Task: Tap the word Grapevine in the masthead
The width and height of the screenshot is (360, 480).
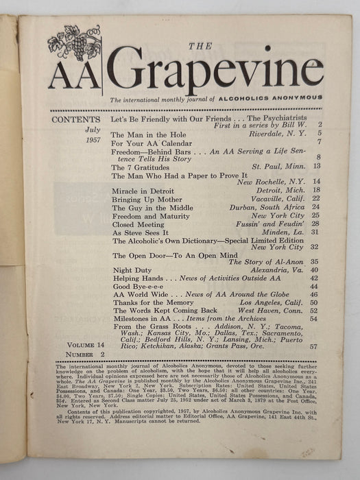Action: (215, 71)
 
